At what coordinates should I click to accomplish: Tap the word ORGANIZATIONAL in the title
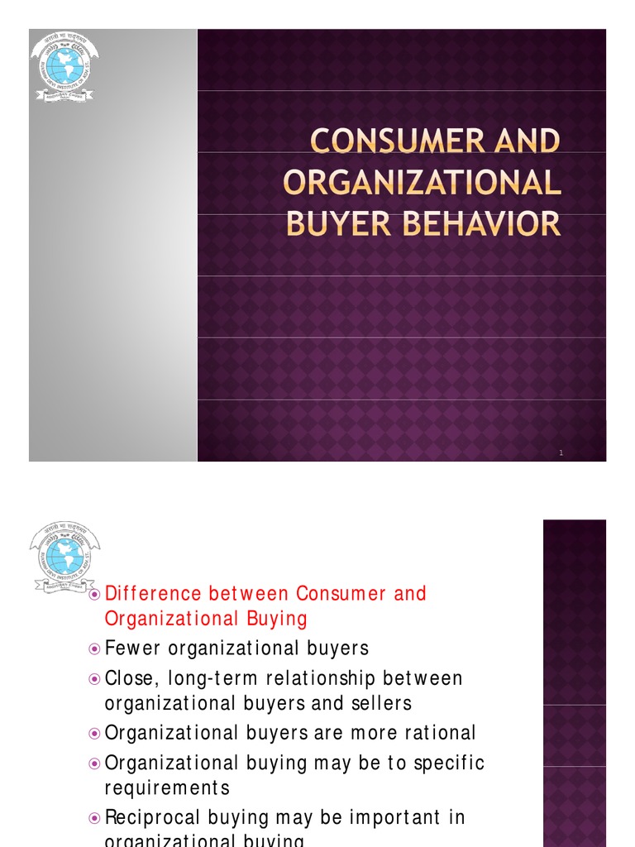[423, 183]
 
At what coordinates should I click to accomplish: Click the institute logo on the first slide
[64, 66]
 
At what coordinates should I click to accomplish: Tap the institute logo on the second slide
[64, 557]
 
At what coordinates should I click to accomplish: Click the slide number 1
[561, 452]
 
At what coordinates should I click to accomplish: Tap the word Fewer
[132, 648]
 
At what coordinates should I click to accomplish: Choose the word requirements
[167, 787]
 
